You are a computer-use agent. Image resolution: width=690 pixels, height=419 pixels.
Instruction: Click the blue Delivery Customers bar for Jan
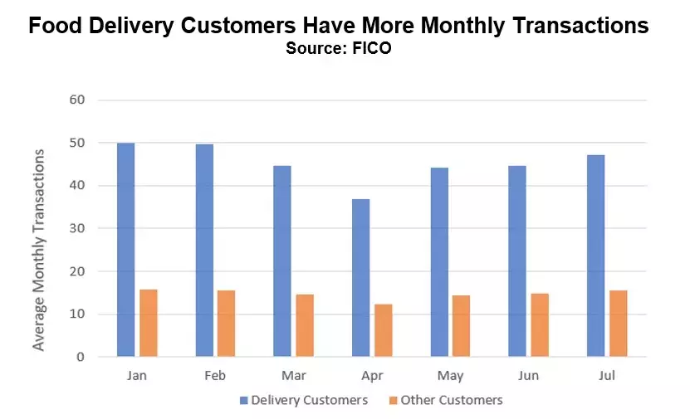click(x=125, y=250)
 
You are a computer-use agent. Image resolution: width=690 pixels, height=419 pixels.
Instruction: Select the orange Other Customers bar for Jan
click(x=149, y=323)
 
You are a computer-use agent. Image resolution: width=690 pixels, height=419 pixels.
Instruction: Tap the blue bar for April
click(x=360, y=278)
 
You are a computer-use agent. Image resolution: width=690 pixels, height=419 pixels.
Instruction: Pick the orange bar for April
click(x=384, y=330)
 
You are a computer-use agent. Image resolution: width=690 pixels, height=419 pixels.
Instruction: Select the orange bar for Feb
click(x=227, y=324)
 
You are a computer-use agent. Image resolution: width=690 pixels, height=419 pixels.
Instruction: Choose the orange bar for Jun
click(x=540, y=324)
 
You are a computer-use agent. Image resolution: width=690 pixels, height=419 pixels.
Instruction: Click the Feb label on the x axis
click(x=215, y=375)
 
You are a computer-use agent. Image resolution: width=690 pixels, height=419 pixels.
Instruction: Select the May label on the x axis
click(x=451, y=375)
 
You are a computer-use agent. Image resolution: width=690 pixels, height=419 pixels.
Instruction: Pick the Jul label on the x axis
click(x=607, y=375)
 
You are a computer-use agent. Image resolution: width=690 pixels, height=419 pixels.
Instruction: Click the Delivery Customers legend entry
click(x=304, y=400)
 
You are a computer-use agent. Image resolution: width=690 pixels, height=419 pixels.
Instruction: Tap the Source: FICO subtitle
click(x=338, y=48)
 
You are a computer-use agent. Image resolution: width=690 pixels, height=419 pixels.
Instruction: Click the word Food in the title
click(x=56, y=26)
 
